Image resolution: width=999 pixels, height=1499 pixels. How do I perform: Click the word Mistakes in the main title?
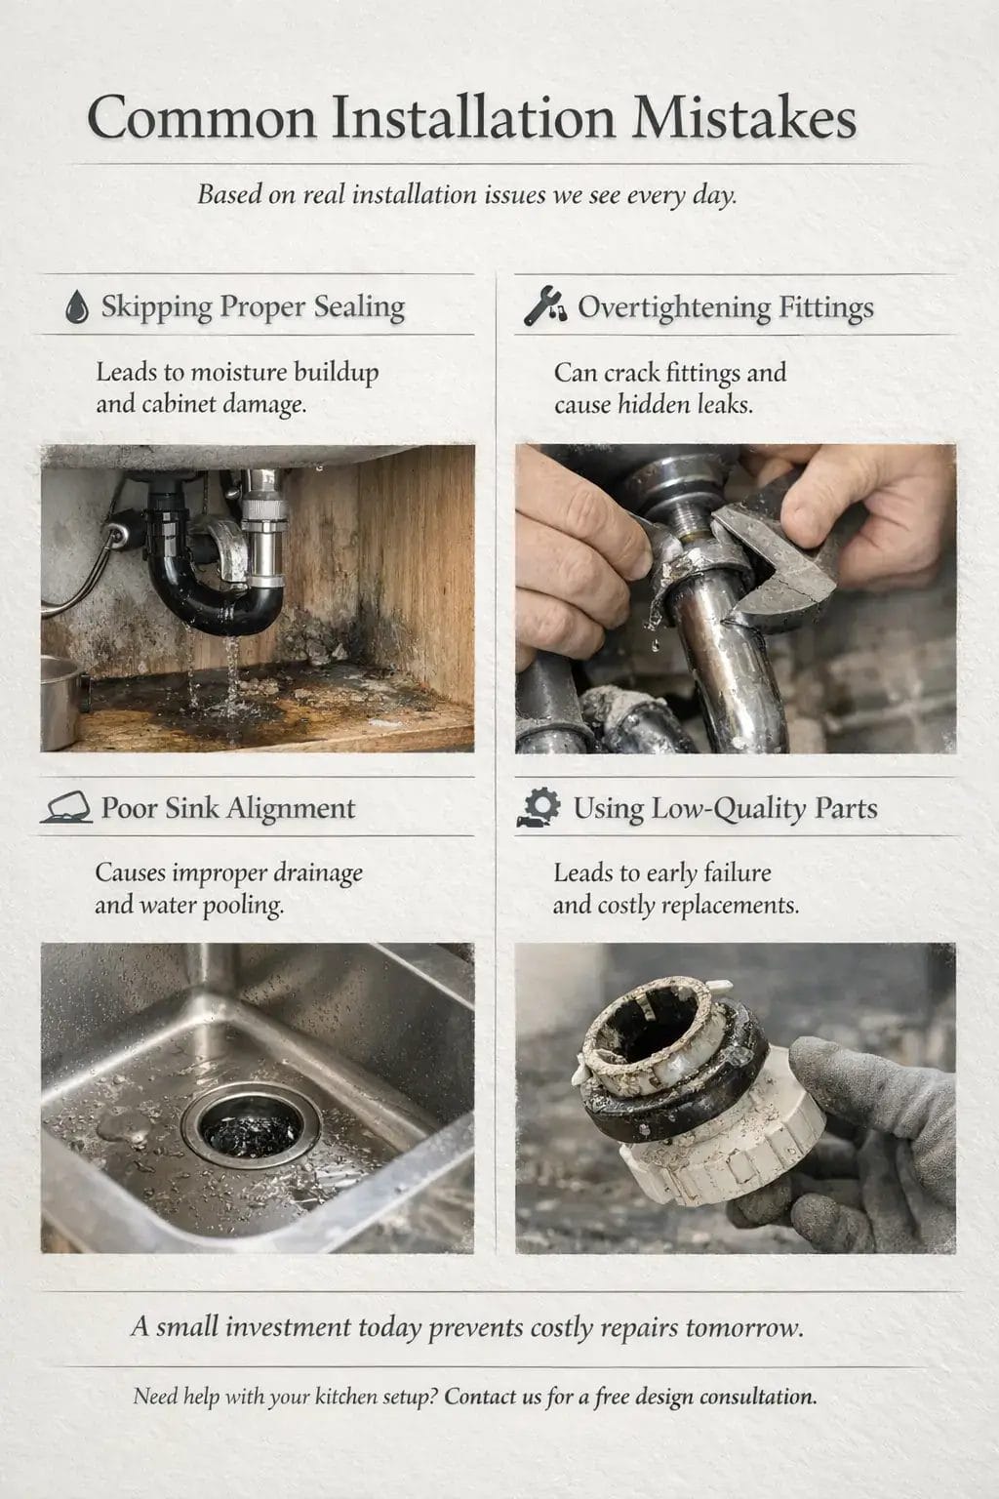[743, 119]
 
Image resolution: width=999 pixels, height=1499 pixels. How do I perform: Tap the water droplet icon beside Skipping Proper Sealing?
[76, 307]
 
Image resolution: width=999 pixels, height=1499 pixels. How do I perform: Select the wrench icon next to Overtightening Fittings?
[544, 306]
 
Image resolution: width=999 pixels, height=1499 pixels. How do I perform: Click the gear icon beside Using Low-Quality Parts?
[539, 808]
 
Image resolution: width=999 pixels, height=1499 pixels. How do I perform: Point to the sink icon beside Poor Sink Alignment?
[66, 809]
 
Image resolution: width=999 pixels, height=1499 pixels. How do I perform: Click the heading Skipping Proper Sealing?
[253, 307]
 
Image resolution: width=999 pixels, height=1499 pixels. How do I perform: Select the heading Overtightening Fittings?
[725, 307]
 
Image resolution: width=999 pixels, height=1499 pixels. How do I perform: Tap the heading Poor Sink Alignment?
[228, 809]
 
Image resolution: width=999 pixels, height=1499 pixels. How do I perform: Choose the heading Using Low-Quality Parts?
[725, 809]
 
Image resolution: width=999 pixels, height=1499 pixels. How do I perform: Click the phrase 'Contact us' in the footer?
[492, 1397]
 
